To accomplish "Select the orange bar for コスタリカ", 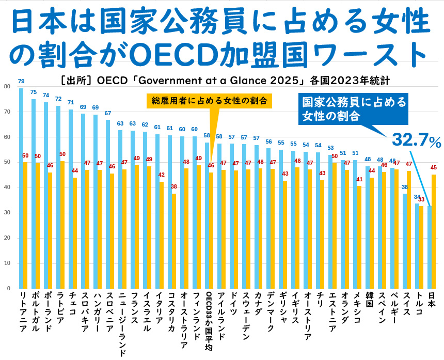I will (x=174, y=241).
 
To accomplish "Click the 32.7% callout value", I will (x=416, y=140).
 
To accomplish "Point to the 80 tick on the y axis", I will (x=7, y=86).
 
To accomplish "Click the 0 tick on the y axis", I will (x=9, y=288).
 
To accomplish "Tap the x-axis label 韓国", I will (x=369, y=300).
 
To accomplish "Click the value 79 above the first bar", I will (x=21, y=81).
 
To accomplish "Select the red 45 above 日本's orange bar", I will (x=434, y=168).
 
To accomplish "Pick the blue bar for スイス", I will (x=405, y=241).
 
